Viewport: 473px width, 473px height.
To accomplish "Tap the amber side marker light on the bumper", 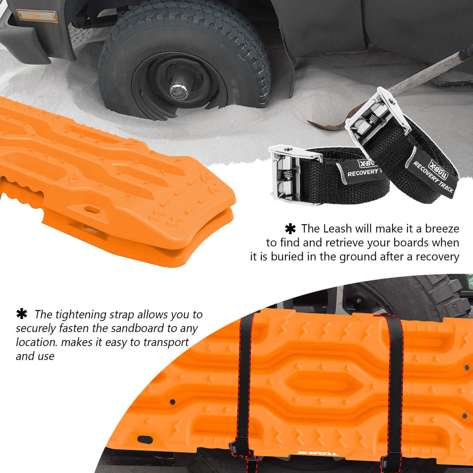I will pos(37,16).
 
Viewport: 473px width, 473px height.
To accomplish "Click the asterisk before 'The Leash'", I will pos(290,229).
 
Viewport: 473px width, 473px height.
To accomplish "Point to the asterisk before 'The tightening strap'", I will pos(22,314).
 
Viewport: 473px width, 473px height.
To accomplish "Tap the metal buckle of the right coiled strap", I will pos(376,113).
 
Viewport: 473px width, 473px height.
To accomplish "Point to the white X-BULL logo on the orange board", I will pos(317,453).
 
